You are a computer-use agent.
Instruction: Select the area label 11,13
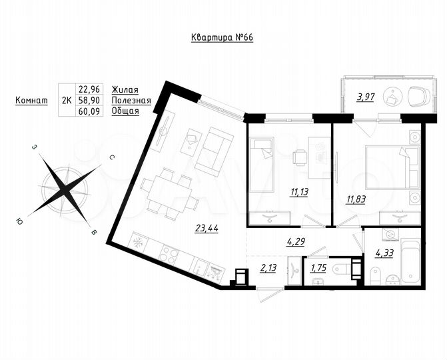click(279, 193)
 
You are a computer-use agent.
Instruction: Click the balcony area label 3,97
click(364, 97)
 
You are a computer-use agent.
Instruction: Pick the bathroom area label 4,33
click(385, 253)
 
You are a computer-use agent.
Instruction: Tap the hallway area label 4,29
click(296, 242)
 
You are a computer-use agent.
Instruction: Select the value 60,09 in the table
click(89, 111)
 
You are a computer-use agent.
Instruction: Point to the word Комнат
click(31, 100)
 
